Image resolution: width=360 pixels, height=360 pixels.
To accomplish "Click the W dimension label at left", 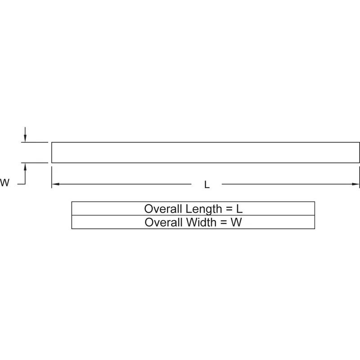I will (x=5, y=183).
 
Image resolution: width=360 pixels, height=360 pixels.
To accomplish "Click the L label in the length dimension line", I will (x=207, y=184).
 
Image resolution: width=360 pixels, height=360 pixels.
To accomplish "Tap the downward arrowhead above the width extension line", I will (x=25, y=138).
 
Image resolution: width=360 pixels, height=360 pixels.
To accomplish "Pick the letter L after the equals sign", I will (x=239, y=209).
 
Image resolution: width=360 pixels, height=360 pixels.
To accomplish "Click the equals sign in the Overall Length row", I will (x=229, y=209).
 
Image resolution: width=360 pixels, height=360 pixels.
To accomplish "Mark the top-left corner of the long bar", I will (x=52, y=143).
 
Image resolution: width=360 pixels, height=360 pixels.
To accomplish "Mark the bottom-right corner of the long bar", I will (x=360, y=162).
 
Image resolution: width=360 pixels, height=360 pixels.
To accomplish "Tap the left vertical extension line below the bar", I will (x=52, y=177).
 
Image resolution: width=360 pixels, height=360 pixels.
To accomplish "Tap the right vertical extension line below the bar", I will (x=359, y=177).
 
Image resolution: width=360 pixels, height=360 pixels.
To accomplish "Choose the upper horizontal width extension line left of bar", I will (x=35, y=142).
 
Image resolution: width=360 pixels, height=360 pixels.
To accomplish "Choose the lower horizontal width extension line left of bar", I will (x=35, y=162).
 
